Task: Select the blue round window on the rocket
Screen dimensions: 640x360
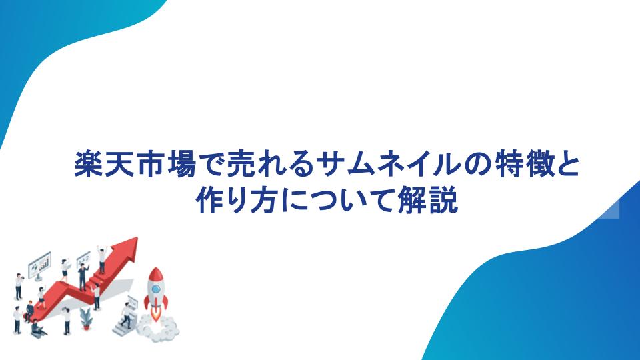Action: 155,289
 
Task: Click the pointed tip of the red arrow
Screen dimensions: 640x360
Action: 137,238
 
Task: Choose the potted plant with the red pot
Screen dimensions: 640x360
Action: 86,319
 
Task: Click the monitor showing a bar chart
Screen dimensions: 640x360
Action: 39,265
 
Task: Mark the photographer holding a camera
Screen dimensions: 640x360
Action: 19,286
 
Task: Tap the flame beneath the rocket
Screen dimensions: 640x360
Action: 155,314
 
